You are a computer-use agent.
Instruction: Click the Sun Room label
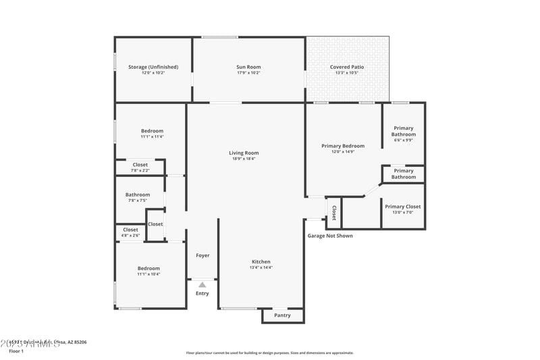248,67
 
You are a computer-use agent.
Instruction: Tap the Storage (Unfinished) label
153,67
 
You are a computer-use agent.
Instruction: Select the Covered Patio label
348,67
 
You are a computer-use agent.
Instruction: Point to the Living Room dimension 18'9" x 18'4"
244,159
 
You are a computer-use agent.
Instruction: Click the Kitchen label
261,261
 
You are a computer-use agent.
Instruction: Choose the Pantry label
282,315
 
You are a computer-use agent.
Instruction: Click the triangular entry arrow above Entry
202,285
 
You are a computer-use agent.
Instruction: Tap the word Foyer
202,255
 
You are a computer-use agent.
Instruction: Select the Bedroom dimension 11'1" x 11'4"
152,136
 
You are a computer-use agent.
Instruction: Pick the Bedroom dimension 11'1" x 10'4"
148,274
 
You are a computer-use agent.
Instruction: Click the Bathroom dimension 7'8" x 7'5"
138,201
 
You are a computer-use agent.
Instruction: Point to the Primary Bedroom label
343,146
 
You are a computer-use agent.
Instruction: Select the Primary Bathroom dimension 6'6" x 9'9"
404,140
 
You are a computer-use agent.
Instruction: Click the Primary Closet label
403,207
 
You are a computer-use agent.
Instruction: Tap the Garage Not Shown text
330,236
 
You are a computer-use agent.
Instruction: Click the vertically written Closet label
333,213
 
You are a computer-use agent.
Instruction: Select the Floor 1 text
16,351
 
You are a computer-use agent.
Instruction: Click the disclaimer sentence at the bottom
269,353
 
